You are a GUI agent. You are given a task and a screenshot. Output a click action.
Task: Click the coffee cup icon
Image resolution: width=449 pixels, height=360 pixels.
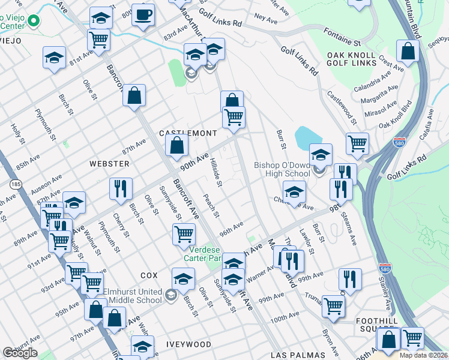click(143, 15)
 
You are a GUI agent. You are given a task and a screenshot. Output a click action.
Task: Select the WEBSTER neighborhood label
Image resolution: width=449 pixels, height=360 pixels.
click(109, 163)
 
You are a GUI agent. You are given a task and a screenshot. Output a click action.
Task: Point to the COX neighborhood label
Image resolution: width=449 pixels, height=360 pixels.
click(149, 275)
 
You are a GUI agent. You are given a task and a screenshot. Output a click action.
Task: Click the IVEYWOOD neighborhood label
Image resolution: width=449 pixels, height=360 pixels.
click(189, 344)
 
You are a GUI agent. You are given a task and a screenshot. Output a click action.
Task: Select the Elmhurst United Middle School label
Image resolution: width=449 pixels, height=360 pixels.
click(133, 296)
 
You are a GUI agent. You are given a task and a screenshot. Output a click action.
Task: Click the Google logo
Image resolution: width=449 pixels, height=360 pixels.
click(20, 353)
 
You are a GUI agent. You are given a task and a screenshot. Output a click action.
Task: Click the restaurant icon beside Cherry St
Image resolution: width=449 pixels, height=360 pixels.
click(121, 188)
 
